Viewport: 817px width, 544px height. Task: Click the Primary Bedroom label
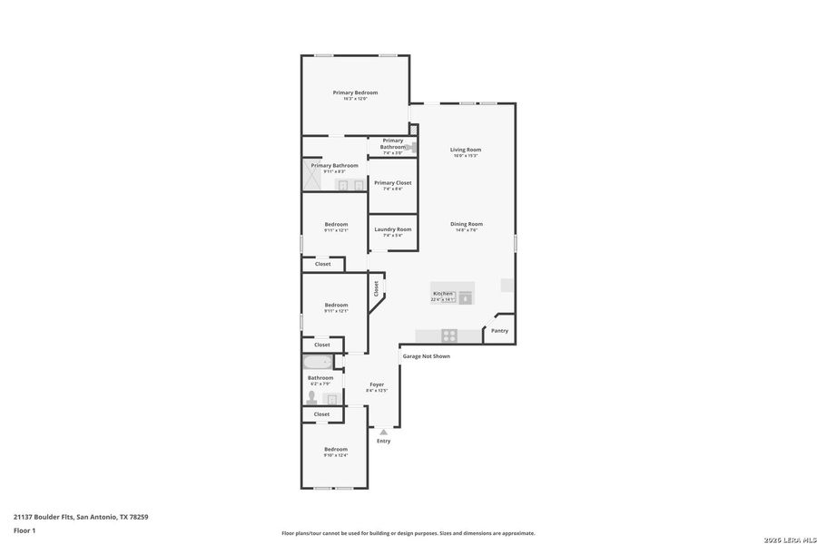coord(355,92)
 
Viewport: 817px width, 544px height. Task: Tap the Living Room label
coord(466,150)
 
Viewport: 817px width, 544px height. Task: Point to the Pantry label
coord(500,331)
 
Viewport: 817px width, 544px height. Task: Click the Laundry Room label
coord(393,229)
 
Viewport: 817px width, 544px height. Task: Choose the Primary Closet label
coord(393,183)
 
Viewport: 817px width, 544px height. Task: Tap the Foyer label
coord(377,384)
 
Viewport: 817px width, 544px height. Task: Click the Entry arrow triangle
coord(384,432)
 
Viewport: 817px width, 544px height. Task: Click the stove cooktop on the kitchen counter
coord(448,335)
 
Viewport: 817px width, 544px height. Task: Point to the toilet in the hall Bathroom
coord(311,397)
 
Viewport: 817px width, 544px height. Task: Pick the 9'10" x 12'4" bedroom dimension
coord(336,455)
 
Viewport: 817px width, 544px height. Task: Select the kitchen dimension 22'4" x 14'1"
coord(443,299)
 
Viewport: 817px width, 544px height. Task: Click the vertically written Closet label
coord(376,287)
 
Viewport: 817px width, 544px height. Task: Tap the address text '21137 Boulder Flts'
coord(44,517)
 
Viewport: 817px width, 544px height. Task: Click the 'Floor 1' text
coord(24,529)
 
